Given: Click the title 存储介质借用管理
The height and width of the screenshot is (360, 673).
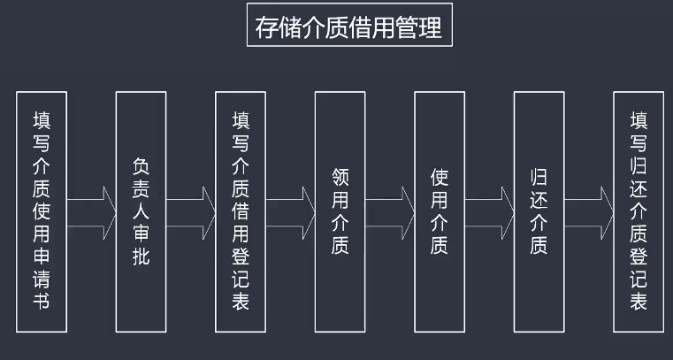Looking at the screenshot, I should coord(348,28).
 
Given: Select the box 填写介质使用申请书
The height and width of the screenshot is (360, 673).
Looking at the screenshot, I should coord(42,211).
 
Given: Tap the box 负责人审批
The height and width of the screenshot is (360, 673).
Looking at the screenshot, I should coord(141,211).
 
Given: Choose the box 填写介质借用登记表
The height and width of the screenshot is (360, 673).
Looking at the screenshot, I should coord(241,211).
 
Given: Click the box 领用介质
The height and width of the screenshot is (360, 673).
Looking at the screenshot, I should coord(340,211).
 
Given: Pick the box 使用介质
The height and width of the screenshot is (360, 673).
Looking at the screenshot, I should coord(440,211).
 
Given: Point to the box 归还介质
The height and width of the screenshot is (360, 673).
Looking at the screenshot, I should coord(539,211).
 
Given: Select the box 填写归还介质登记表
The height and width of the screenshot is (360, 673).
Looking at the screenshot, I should coord(639,211).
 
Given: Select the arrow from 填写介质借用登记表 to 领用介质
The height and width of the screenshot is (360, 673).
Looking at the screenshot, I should coord(290,211).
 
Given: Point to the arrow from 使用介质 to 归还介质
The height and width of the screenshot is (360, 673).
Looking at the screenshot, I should coord(489,211).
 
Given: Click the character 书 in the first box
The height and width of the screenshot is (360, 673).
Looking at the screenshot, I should coord(42,302).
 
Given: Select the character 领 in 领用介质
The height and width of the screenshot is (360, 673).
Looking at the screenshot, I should coord(340,176).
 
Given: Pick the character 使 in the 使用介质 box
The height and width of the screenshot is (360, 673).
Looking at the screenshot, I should coord(440,176).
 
